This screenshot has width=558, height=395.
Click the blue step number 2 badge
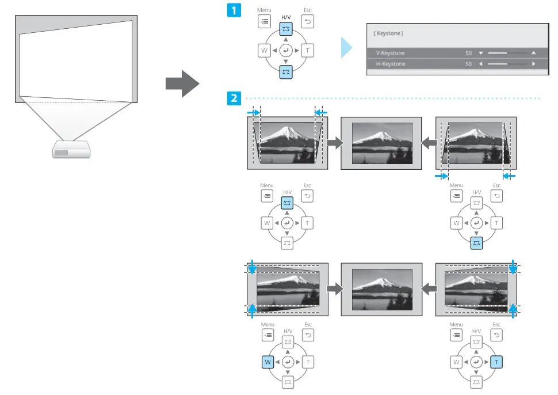235,98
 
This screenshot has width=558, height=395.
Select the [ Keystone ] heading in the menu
389,34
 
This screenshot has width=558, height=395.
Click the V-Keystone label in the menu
391,53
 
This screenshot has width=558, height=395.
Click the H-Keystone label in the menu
391,64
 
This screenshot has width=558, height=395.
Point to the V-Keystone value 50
469,53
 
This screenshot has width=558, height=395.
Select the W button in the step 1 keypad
265,51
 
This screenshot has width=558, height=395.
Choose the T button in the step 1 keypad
308,51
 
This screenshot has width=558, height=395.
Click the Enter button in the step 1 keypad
286,51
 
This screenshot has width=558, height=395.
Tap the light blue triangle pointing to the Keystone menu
346,48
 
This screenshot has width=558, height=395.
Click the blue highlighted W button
267,362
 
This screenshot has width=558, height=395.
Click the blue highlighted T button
496,362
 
